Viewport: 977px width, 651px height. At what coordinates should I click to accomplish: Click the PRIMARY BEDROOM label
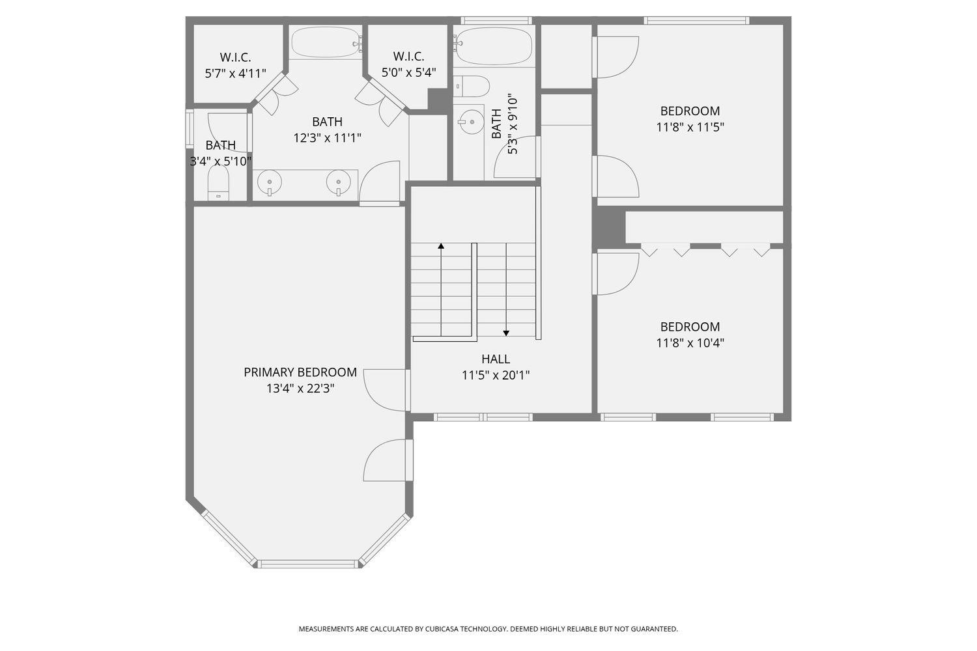300,372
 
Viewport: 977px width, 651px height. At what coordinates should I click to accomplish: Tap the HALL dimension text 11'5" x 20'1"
495,375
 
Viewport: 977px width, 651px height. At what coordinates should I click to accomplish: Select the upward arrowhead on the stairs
441,246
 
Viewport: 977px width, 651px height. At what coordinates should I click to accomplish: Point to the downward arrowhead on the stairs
506,333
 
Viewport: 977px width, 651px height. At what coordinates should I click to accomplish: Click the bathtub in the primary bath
325,42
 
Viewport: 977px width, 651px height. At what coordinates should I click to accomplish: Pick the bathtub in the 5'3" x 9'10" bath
493,46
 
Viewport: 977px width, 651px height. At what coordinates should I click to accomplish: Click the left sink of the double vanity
269,183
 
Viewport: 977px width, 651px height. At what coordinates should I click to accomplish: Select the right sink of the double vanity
338,183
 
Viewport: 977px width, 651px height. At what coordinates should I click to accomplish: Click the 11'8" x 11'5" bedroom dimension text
690,127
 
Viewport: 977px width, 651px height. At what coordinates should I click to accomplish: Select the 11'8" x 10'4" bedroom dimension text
690,343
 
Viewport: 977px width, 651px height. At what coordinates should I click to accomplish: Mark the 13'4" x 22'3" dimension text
300,389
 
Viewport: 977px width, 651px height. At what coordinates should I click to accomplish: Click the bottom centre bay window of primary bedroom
307,564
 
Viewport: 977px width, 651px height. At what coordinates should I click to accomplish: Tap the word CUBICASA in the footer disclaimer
443,629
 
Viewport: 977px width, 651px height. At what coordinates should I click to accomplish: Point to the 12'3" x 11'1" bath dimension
327,137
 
